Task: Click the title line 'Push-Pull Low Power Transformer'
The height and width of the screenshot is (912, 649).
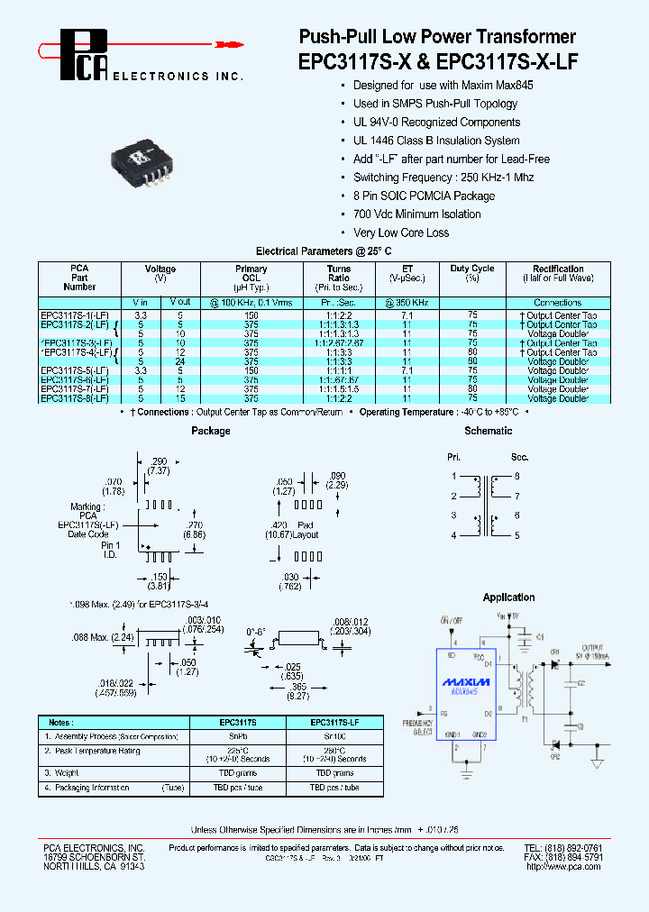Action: tap(436, 37)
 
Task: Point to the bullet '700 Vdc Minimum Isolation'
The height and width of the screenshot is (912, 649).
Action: tap(416, 214)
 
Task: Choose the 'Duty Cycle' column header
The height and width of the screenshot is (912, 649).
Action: tap(472, 269)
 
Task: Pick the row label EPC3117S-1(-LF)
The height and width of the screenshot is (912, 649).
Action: tap(75, 315)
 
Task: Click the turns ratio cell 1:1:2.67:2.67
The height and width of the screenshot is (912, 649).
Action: tap(339, 343)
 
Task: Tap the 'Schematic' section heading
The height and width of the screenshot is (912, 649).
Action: tap(488, 432)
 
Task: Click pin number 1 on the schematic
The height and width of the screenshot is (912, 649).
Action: tap(454, 475)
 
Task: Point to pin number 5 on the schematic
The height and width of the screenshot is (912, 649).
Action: tap(517, 535)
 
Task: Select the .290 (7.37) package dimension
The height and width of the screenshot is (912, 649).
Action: tap(160, 466)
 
